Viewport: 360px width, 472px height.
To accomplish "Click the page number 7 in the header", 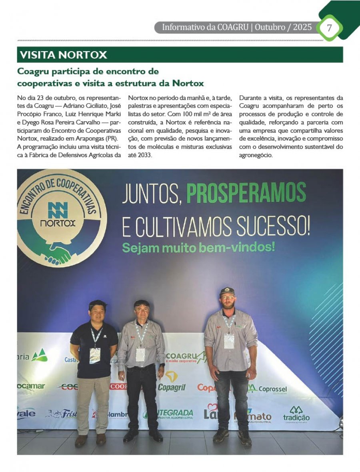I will (x=329, y=28).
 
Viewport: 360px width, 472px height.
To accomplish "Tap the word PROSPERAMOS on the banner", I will (x=246, y=193).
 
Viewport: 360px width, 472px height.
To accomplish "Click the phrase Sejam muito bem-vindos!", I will (x=198, y=247).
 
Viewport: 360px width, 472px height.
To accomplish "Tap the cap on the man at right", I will (x=227, y=291).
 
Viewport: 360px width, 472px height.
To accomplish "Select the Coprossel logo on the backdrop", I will (x=267, y=389).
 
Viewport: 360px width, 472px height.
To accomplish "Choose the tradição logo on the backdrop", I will (x=296, y=414).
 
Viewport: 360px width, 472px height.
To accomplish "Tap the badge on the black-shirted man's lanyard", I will (x=95, y=355).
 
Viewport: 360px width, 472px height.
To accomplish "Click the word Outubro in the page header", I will (x=271, y=28).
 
